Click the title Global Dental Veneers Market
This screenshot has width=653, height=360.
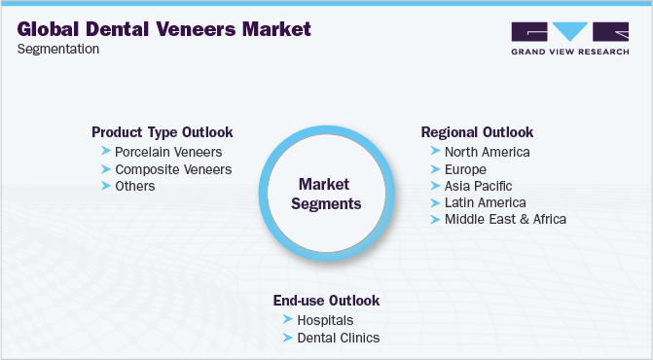coord(164,29)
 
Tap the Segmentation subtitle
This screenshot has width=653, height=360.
coord(57,50)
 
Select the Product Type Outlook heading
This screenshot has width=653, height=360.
coord(162,132)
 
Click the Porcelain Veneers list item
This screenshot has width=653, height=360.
coord(168,152)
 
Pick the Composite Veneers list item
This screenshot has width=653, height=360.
coord(173,169)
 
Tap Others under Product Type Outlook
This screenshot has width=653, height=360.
coord(134,186)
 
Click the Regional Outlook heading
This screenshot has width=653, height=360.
coord(477,132)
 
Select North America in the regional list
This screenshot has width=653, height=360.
coord(487,152)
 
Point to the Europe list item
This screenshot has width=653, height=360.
coord(466,169)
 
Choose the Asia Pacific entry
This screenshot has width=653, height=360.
coord(478,186)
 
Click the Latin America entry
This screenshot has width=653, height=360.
coord(485,202)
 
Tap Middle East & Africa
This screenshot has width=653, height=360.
coord(505,219)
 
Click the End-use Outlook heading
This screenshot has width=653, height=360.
coord(326,301)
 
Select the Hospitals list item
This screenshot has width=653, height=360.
coord(325,320)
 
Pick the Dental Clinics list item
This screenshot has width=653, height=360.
coord(338,338)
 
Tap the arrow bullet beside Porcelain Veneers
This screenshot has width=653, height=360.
coord(105,152)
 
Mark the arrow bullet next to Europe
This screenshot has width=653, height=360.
coord(434,169)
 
